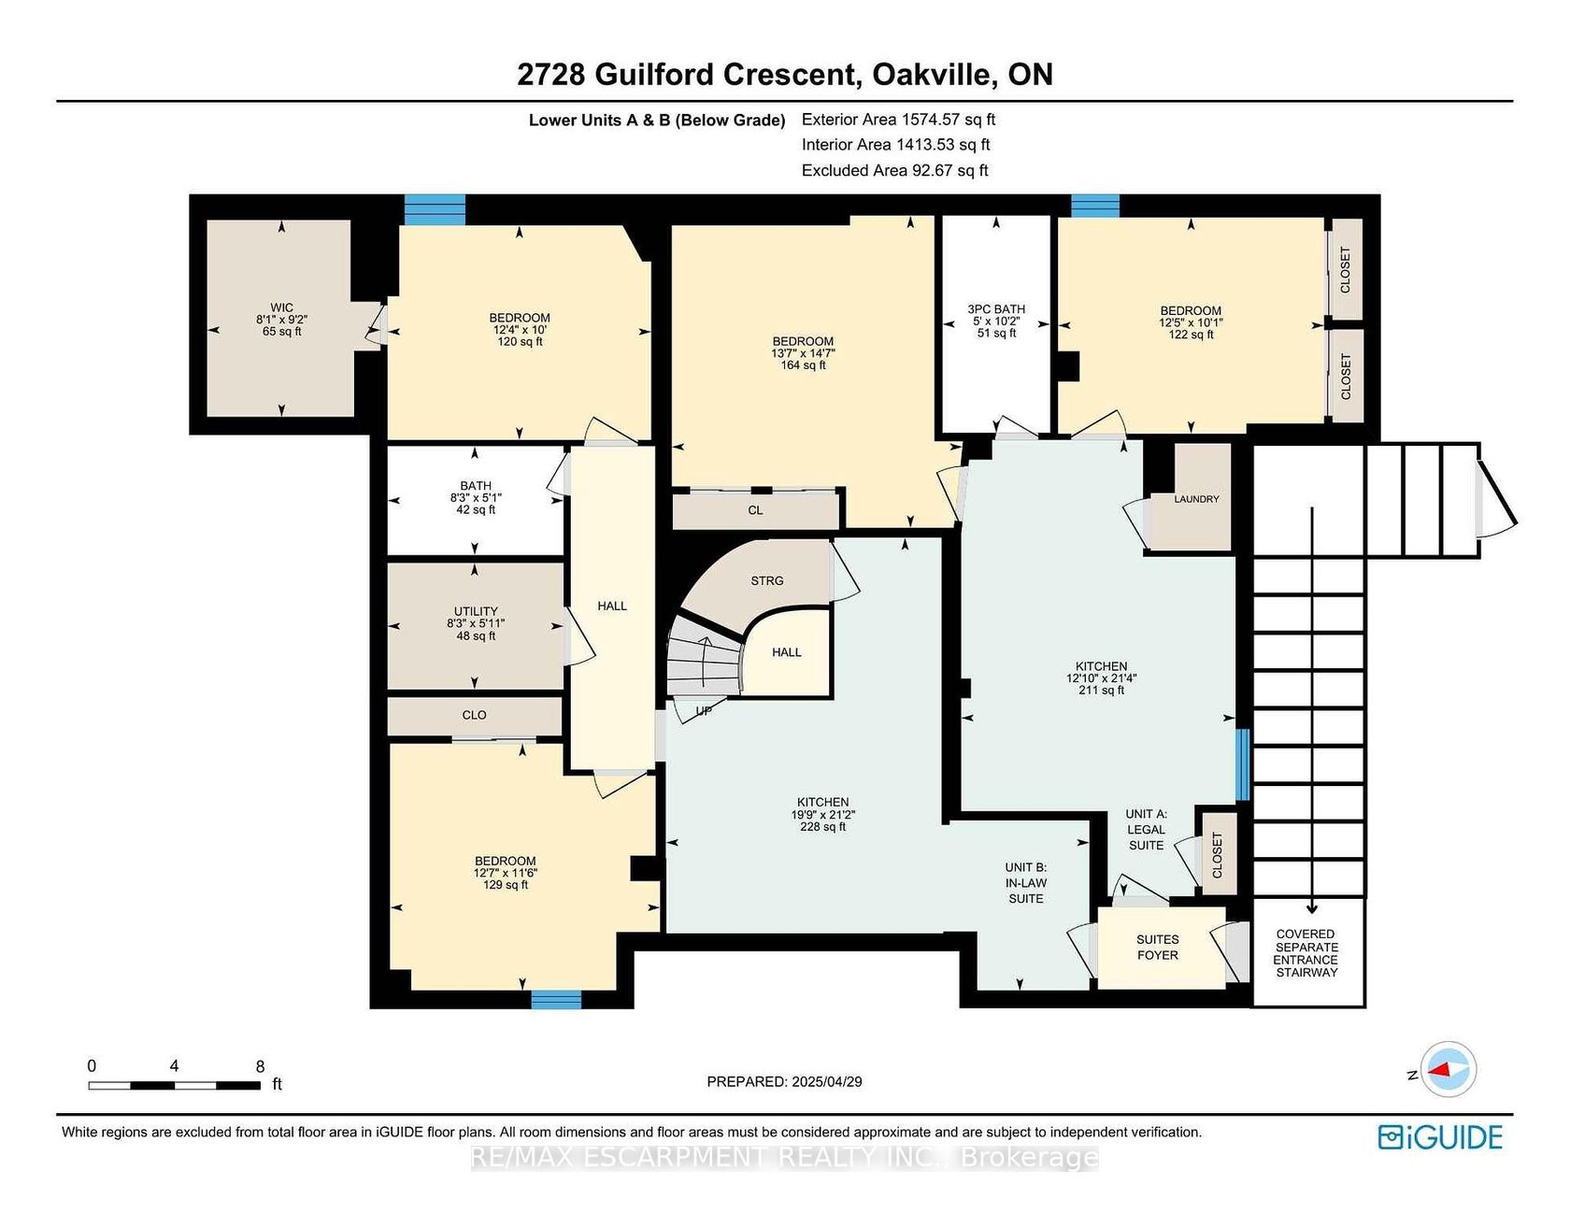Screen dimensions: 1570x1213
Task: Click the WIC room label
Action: point(281,307)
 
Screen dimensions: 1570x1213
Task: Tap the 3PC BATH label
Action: point(996,309)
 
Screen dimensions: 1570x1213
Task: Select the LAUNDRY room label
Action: point(1196,499)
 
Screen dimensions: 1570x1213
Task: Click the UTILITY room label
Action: point(476,611)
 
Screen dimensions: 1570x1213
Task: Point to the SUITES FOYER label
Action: point(1157,947)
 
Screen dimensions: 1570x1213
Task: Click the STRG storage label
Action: point(767,580)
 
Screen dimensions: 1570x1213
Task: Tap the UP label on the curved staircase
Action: point(704,710)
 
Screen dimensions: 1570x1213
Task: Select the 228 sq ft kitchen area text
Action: point(822,826)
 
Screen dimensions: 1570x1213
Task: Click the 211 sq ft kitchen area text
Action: point(1101,690)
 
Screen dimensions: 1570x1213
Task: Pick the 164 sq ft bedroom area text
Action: point(803,364)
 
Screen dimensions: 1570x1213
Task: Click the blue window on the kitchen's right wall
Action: point(1242,764)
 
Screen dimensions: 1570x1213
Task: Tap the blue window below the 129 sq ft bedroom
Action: point(556,999)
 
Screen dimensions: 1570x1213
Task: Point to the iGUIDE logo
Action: point(1440,1136)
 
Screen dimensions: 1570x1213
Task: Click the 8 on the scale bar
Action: point(260,1066)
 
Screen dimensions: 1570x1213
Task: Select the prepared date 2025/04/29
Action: point(827,1081)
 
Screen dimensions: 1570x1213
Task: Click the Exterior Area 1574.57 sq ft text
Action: point(898,120)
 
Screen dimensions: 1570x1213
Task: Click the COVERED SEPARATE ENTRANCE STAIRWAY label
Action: point(1306,953)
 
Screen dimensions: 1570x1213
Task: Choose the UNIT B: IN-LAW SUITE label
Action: point(1025,882)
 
